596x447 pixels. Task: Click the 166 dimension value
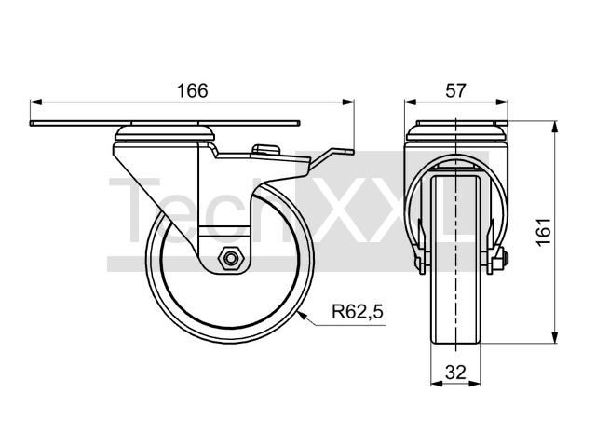click(x=193, y=91)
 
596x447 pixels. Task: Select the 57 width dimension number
click(x=455, y=91)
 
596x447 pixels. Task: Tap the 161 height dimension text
click(x=544, y=232)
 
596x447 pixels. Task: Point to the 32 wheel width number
click(x=455, y=372)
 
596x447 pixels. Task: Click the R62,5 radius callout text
click(x=358, y=312)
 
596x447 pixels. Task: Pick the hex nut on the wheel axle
click(x=230, y=259)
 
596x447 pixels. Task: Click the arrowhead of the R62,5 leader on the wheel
click(x=302, y=315)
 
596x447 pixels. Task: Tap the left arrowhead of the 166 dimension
click(x=35, y=102)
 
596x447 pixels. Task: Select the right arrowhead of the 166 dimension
click(x=348, y=102)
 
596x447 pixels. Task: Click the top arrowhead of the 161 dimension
click(x=555, y=127)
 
